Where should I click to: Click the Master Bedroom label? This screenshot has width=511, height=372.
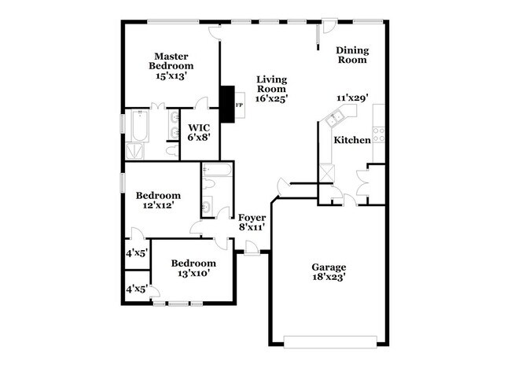pyautogui.click(x=174, y=66)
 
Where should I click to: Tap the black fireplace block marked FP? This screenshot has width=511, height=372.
pyautogui.click(x=230, y=104)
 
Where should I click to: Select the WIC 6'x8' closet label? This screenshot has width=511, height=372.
pyautogui.click(x=198, y=131)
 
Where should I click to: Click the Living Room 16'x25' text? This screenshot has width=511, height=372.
pyautogui.click(x=271, y=89)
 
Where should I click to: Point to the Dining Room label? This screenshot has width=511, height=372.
pyautogui.click(x=352, y=54)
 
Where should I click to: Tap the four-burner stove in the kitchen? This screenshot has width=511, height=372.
pyautogui.click(x=378, y=134)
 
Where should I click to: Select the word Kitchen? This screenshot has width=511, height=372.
pyautogui.click(x=351, y=140)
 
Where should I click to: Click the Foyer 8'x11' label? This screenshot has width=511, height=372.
pyautogui.click(x=252, y=222)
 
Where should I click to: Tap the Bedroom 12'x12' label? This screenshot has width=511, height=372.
pyautogui.click(x=158, y=200)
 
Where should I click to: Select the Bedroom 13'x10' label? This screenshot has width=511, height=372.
pyautogui.click(x=193, y=268)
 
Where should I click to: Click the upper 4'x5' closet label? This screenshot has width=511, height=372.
pyautogui.click(x=137, y=253)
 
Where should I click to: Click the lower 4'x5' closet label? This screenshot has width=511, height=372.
pyautogui.click(x=137, y=289)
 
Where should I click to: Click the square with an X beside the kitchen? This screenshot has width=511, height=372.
pyautogui.click(x=328, y=173)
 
